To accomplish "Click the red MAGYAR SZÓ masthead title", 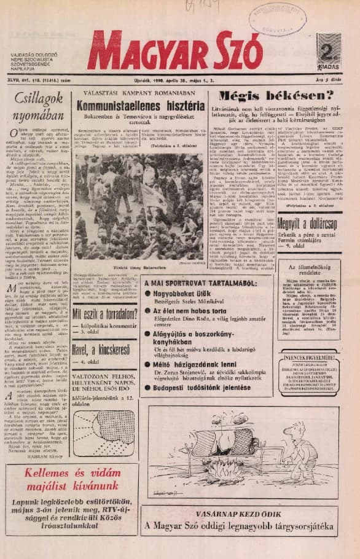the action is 174,50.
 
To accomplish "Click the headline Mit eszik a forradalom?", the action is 106,315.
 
